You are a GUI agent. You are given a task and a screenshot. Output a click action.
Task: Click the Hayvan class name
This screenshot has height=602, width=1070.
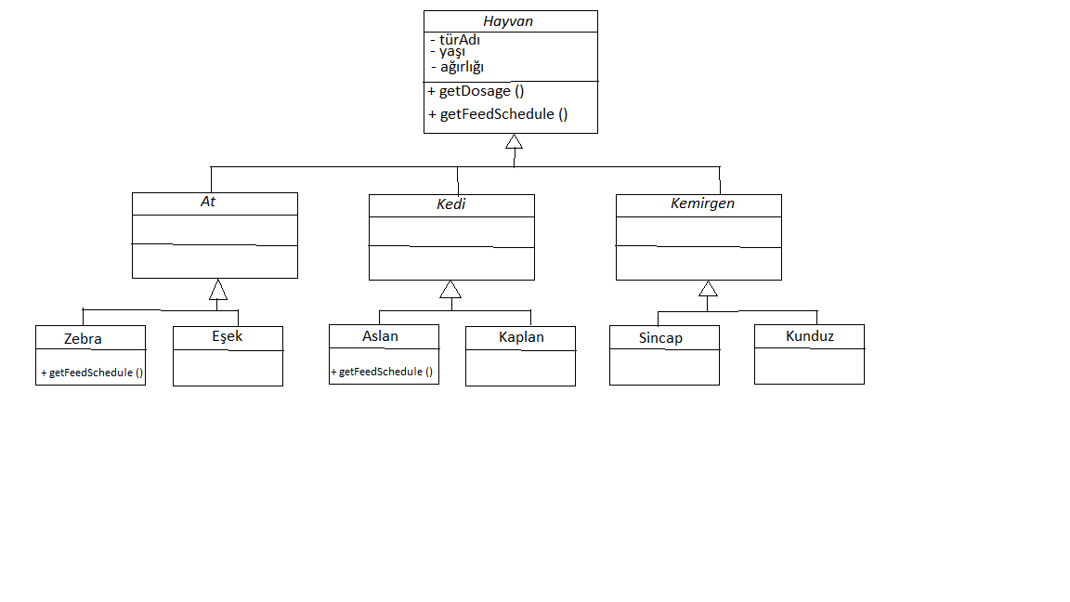point(508,21)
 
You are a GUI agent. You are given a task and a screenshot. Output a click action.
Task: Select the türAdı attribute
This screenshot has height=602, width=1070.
point(459,40)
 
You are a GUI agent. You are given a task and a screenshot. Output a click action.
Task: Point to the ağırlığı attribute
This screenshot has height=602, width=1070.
point(462,67)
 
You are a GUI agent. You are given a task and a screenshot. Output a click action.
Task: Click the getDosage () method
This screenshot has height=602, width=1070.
point(476,91)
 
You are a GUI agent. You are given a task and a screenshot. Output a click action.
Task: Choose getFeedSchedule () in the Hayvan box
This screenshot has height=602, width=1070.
point(498,114)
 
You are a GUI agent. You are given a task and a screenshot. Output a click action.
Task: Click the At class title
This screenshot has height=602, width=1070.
point(208,202)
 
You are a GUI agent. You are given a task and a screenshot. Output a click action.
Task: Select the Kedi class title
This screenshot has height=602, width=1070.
point(450,203)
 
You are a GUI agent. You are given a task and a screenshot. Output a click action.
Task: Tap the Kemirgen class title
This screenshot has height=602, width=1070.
point(702,203)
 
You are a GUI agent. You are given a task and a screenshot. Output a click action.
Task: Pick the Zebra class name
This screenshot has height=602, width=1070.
point(83,339)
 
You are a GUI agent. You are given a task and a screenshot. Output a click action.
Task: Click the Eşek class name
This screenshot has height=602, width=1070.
point(227,336)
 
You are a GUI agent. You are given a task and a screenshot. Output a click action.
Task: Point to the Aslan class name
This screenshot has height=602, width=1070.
point(380,336)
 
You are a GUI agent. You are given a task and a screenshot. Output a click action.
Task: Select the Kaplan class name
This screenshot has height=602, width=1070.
point(520,337)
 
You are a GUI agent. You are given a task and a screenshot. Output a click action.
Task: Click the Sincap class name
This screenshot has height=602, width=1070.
point(660,338)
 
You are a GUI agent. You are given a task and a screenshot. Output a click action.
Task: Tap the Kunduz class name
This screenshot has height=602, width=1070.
point(809,336)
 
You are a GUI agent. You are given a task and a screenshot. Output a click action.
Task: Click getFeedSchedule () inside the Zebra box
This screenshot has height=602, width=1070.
point(91,373)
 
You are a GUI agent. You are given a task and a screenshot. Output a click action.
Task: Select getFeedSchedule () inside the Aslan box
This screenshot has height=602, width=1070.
point(382,372)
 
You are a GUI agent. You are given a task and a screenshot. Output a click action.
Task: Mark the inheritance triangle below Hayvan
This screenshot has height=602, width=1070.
point(514,142)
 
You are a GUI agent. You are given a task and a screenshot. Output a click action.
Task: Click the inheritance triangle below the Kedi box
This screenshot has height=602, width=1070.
point(450,289)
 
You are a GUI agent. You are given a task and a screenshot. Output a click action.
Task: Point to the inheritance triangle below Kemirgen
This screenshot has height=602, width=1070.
point(708,288)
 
